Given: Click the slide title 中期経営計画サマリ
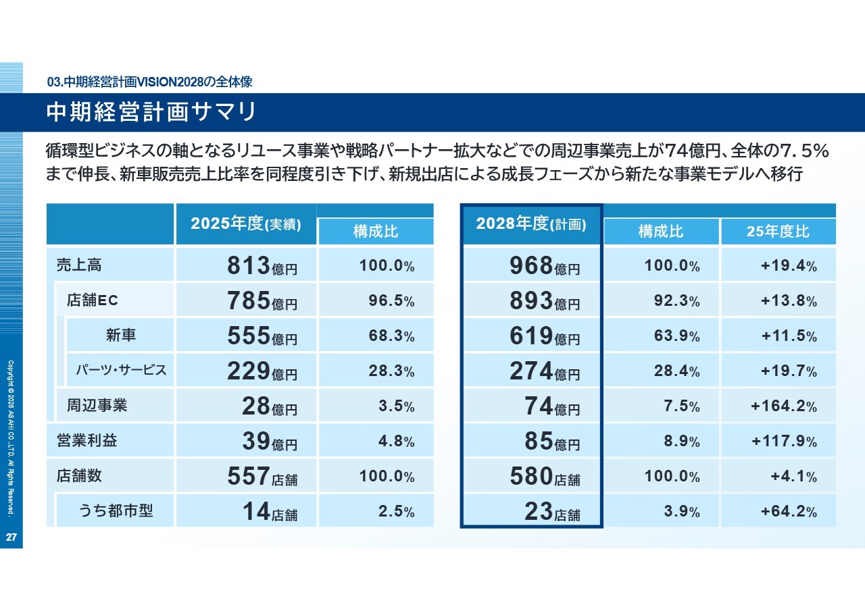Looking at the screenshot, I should point(151,112).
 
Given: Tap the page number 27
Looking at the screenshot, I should point(11,537).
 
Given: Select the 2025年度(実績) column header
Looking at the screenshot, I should point(246,224).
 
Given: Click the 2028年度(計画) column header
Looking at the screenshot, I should point(531,224).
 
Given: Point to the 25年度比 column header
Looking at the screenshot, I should point(778,232).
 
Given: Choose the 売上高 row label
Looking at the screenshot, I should point(79,265).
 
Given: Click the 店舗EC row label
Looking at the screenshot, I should point(93,300).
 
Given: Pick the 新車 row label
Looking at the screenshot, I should point(121,335).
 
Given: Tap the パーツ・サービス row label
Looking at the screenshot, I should point(121,370).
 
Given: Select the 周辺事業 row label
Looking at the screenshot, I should point(97,405).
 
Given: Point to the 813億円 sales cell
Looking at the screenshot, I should point(262,266).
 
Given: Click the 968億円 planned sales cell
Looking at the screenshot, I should point(545,266).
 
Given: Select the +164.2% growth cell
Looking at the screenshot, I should point(784,406).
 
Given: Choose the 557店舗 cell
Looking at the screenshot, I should point(262,477).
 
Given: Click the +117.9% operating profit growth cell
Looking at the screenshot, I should point(784,442).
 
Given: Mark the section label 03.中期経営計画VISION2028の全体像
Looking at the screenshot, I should point(150,82).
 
